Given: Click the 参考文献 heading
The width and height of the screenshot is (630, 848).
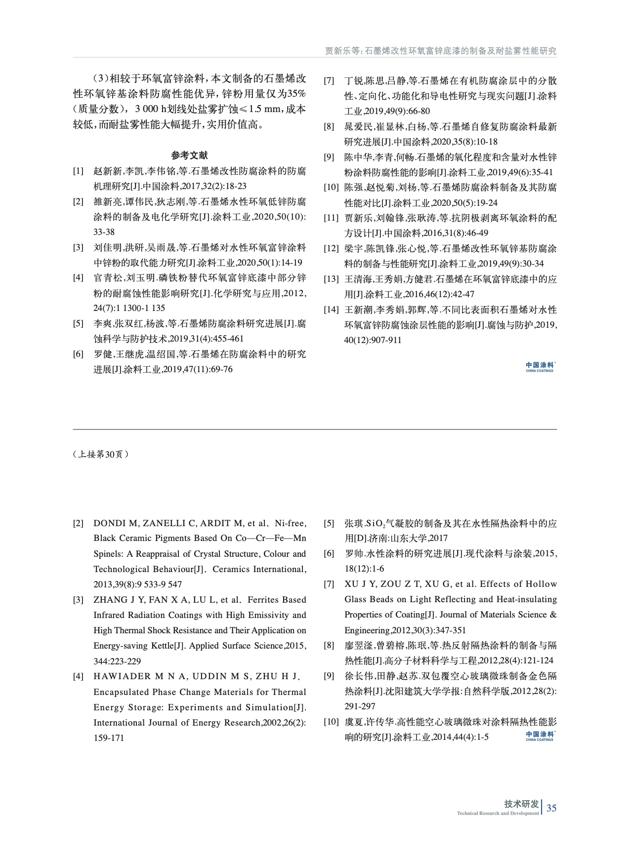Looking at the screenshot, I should tap(189, 155).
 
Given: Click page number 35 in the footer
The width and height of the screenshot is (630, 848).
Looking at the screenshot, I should tap(551, 808).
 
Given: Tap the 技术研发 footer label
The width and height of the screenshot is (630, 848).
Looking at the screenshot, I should tap(521, 804).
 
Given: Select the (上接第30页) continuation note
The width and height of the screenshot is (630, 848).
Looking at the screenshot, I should tap(101, 454).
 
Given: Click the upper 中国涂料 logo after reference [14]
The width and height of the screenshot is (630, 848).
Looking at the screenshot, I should tap(540, 366).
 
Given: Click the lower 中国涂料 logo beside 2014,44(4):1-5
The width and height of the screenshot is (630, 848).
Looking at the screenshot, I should tap(540, 736).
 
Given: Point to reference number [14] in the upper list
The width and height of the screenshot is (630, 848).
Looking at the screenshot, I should tap(331, 310).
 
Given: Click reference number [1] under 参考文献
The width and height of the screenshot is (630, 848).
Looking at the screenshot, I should tap(78, 171).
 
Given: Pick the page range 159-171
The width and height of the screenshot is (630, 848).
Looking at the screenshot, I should tap(109, 738).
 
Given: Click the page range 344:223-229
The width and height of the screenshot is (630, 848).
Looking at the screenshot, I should tap(117, 661).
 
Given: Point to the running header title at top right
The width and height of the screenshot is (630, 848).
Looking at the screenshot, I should tap(440, 50).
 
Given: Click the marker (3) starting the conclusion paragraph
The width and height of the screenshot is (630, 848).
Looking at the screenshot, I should tap(101, 79).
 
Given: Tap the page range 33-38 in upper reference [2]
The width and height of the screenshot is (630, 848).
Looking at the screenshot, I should tap(104, 232).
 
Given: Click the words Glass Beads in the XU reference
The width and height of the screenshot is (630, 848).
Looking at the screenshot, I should tap(367, 599).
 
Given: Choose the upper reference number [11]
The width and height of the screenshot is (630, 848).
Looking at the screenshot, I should tap(331, 218).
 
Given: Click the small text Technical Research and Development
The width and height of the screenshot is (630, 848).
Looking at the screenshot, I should tap(498, 813).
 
